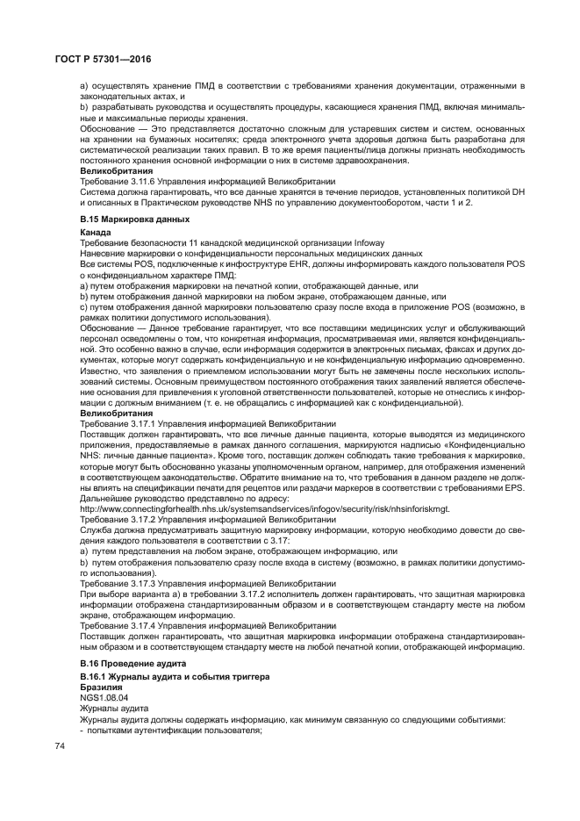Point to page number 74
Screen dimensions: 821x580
pyautogui.click(x=61, y=746)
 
